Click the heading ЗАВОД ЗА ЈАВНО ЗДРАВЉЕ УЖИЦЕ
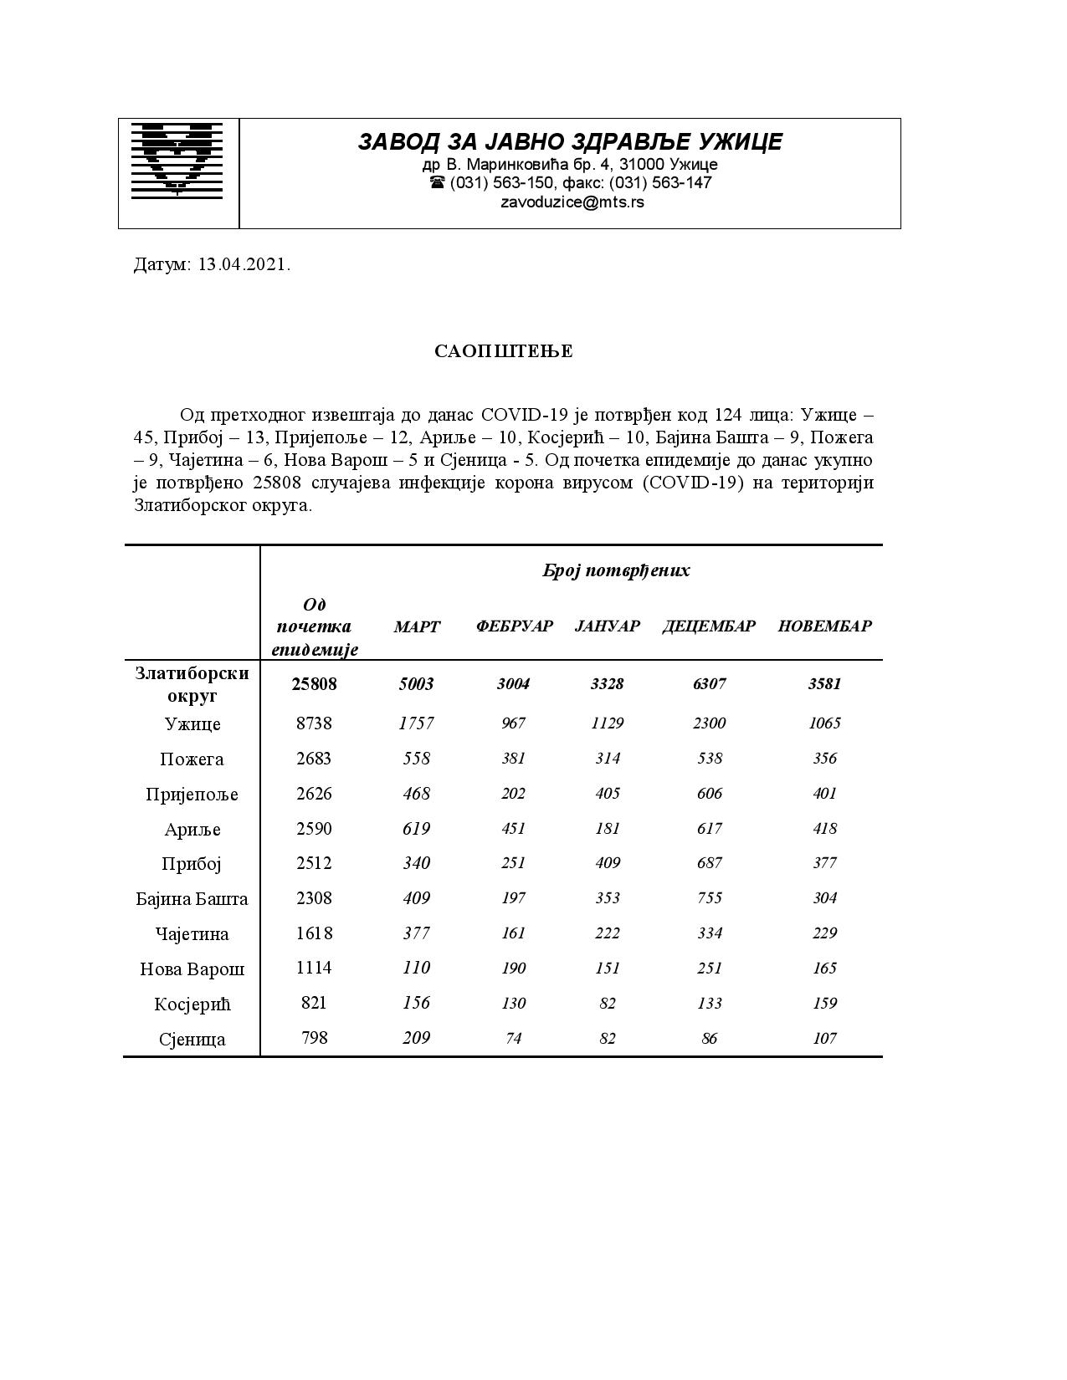570,141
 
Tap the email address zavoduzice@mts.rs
572,202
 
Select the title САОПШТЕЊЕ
504,351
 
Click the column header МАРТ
417,626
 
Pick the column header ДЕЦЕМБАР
709,626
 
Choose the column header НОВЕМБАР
824,626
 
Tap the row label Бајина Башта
192,899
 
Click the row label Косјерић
192,1004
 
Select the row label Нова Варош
192,969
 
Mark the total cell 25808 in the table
314,684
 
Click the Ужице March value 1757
416,723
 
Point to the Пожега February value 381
513,758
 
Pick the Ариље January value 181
608,828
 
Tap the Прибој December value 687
709,863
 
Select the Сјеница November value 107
824,1038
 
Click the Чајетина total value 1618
314,933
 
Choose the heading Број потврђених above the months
616,571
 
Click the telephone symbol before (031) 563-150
437,182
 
